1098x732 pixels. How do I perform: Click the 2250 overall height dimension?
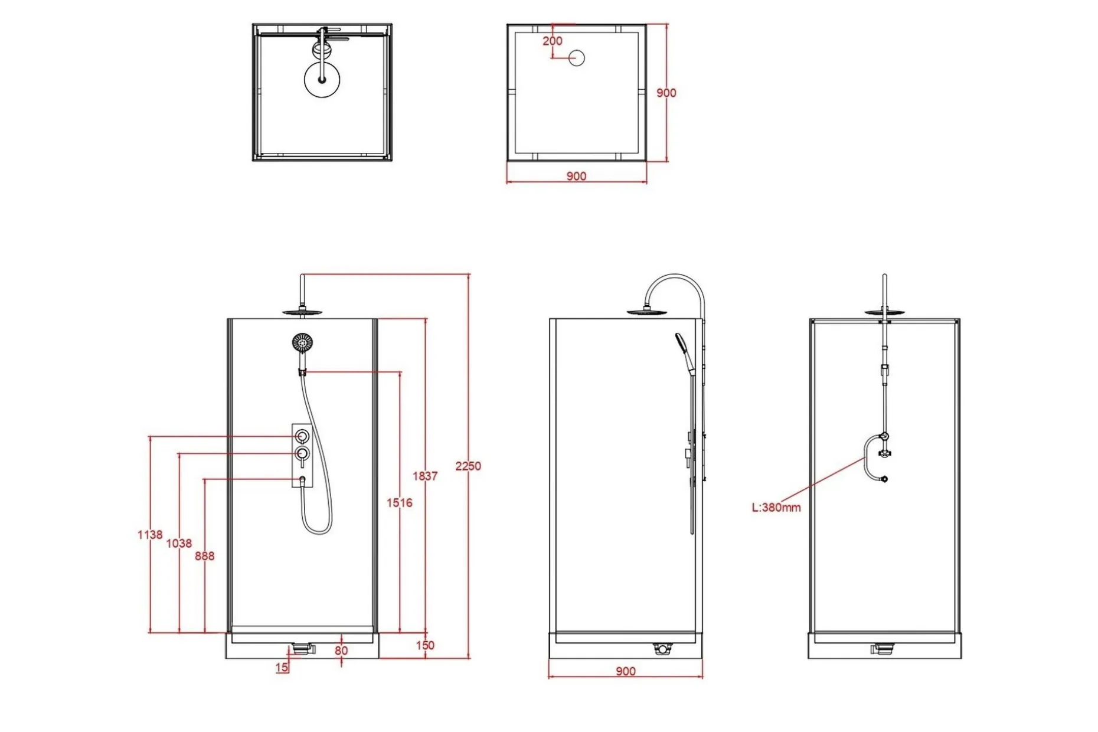tap(468, 466)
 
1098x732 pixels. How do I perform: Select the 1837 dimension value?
tap(425, 476)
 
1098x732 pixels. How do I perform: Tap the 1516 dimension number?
tap(400, 502)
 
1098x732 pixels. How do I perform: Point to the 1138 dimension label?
tap(150, 534)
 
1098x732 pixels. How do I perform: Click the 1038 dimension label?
tap(179, 543)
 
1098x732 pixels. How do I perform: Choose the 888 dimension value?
tap(205, 555)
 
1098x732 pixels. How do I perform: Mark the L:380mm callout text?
tap(776, 507)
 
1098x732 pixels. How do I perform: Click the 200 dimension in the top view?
tap(553, 41)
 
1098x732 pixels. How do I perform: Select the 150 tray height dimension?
tap(425, 645)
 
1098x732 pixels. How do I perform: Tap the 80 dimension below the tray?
tap(341, 651)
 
